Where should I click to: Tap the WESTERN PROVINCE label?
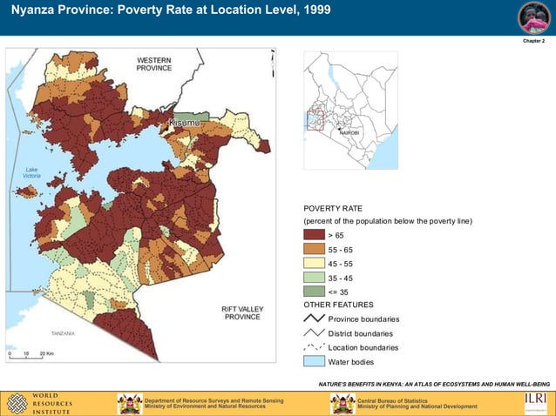click(x=153, y=64)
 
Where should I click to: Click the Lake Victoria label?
click(x=32, y=172)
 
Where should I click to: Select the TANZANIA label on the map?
click(x=63, y=333)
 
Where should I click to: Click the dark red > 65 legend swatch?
click(x=314, y=235)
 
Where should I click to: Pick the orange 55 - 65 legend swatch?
click(x=314, y=249)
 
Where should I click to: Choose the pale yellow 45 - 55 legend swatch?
click(x=314, y=263)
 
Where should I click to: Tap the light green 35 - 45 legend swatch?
click(x=314, y=277)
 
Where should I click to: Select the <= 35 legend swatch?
click(x=314, y=291)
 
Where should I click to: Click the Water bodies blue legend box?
click(x=314, y=361)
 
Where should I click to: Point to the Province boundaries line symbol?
click(x=314, y=319)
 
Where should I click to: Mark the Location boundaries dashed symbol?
click(x=314, y=347)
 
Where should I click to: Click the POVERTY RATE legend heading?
click(x=332, y=209)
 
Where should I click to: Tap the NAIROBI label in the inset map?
click(x=349, y=132)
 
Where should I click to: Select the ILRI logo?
click(x=535, y=401)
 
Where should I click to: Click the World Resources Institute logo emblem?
click(x=17, y=403)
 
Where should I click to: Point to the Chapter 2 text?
click(x=533, y=41)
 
